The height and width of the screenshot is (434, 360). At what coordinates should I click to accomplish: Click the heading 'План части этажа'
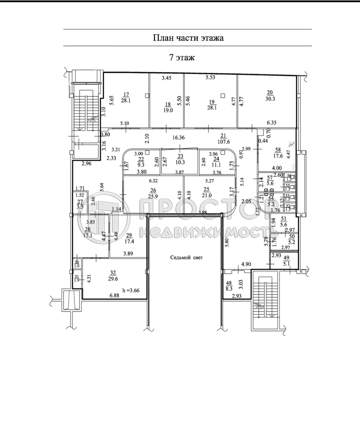188,38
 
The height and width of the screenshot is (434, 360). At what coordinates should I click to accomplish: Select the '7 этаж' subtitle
182,58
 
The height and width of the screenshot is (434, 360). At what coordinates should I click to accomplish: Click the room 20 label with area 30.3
270,95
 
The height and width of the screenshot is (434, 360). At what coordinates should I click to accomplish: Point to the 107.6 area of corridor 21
223,142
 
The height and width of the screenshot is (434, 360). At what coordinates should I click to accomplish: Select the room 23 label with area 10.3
180,159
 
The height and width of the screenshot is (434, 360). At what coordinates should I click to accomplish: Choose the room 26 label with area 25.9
153,193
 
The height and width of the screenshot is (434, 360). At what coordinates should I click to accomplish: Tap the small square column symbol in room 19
223,95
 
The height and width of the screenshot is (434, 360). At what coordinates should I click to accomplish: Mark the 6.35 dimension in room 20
272,123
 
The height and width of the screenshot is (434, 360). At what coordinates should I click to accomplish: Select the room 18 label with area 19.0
168,108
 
